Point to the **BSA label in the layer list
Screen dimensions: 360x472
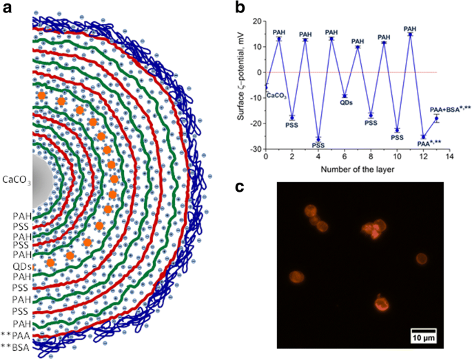15,348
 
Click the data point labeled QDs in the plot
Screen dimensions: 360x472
345,96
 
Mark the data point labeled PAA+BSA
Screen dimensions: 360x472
436,118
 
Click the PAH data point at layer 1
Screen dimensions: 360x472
279,39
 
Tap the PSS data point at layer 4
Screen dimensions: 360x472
318,139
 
